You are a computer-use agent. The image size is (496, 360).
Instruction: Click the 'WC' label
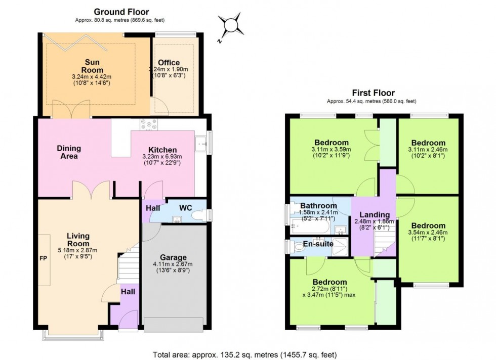pos(186,208)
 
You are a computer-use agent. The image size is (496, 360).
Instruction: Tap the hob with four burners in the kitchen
pos(151,123)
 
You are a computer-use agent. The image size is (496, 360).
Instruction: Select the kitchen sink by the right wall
pos(202,144)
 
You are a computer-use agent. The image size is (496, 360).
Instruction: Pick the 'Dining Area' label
pos(69,152)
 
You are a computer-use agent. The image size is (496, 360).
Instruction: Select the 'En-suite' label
pos(318,244)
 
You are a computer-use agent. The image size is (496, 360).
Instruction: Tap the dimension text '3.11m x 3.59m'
pos(331,150)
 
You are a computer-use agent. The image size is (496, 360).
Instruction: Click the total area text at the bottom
pos(244,354)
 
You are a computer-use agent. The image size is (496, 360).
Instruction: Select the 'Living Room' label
pos(77,239)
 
